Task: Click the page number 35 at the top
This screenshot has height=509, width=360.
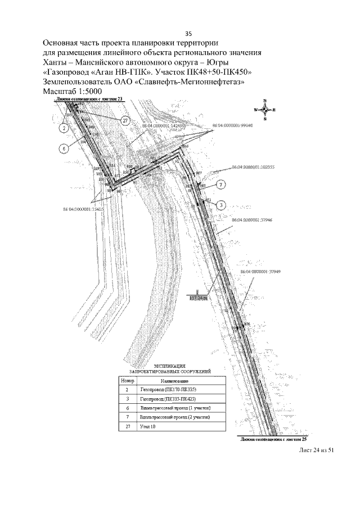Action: click(x=180, y=33)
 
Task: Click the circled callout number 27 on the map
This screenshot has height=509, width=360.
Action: click(x=125, y=120)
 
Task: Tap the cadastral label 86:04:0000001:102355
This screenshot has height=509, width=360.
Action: click(x=253, y=167)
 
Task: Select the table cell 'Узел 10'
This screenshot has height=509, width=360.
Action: click(x=148, y=427)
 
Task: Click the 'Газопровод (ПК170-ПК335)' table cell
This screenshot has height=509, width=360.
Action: click(x=169, y=389)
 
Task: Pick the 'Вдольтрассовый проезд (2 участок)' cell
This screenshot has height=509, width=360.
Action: click(x=175, y=418)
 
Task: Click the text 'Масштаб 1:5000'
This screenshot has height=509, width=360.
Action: click(x=74, y=91)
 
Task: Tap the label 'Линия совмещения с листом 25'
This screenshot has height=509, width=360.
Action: click(x=272, y=438)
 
